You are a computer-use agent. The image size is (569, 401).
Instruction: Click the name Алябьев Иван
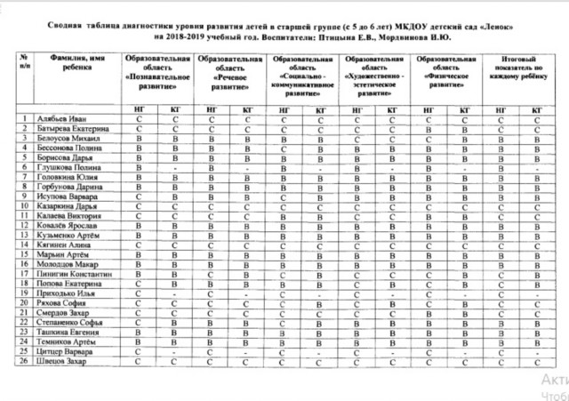[64, 118]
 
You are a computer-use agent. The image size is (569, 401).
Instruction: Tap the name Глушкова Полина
[67, 167]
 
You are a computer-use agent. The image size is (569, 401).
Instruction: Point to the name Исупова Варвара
[66, 196]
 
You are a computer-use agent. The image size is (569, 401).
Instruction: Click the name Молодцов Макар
[68, 265]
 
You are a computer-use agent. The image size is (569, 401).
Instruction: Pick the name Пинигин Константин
[75, 275]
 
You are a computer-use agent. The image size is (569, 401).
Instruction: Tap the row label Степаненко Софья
[71, 324]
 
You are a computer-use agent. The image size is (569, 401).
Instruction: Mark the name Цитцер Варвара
[66, 353]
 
